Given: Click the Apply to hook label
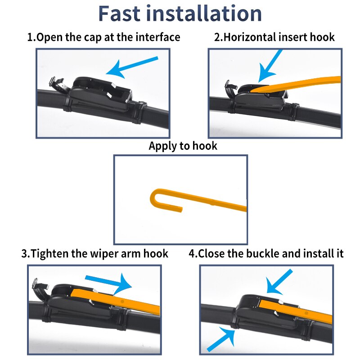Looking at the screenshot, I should coord(183,146).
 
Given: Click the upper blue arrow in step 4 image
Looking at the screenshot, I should coord(279,282).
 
